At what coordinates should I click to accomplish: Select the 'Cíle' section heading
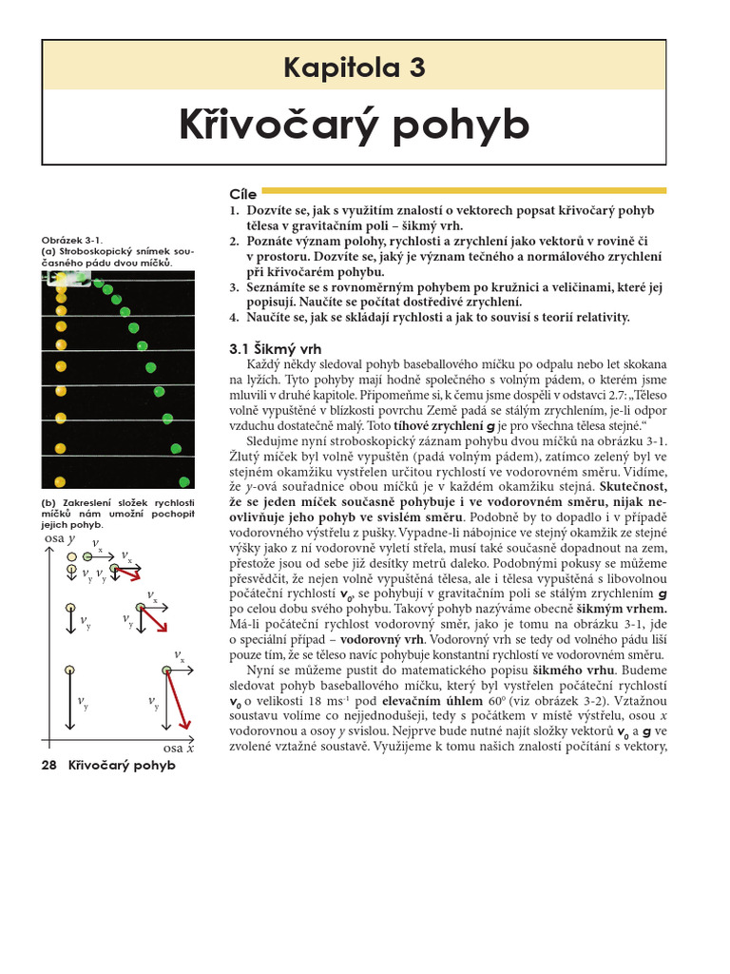pos(243,194)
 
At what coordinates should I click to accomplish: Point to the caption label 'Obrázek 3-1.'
pos(71,241)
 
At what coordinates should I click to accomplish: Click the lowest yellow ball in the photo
pos(60,481)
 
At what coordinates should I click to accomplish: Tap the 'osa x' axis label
pos(178,748)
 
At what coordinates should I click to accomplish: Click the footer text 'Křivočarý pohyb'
pos(122,767)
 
